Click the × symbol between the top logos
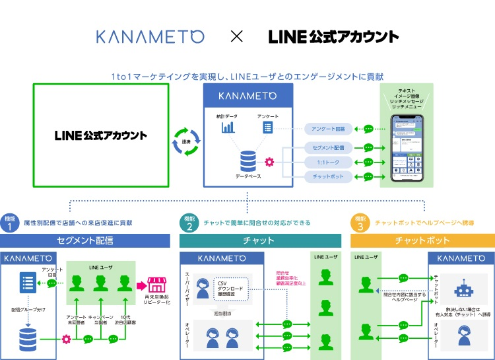click(x=236, y=36)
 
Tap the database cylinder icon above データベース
click(x=248, y=161)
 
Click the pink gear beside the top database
click(x=269, y=162)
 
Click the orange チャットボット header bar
click(x=422, y=241)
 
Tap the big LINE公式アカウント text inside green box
click(x=101, y=135)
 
